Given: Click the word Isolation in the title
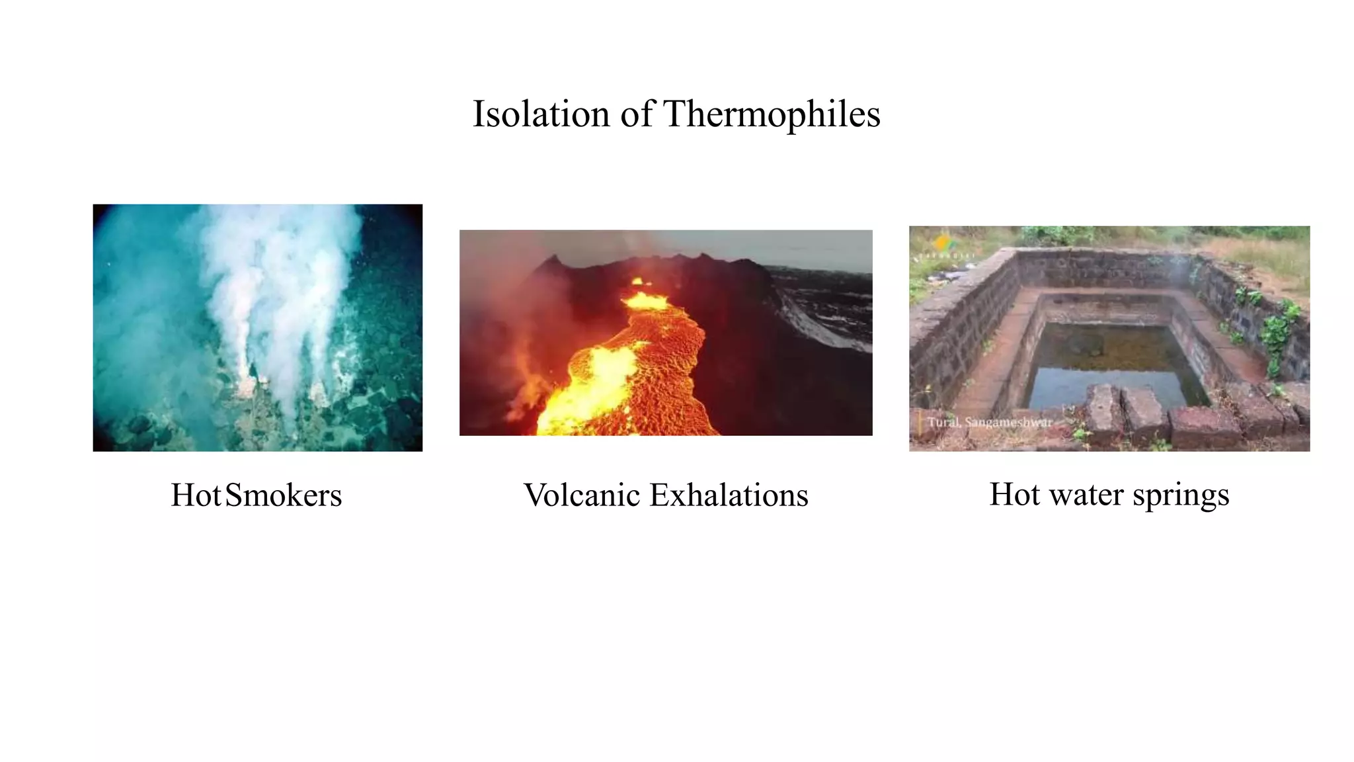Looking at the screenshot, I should [540, 114].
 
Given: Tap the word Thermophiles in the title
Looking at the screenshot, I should [772, 114].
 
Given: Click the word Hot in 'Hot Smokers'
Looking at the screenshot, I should [195, 495].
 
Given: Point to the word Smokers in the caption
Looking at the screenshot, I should [284, 495].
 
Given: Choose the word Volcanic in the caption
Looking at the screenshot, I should [582, 495].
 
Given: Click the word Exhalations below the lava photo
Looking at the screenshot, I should [729, 495].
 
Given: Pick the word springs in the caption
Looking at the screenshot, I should [1181, 495].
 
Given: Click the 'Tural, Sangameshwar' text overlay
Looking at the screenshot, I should [989, 422].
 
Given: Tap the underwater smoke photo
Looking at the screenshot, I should [257, 327].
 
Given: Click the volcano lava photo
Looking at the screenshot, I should [666, 333].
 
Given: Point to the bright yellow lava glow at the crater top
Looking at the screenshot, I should [645, 300].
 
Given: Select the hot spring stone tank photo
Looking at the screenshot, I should [1109, 338].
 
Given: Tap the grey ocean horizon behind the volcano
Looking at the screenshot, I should [820, 255].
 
